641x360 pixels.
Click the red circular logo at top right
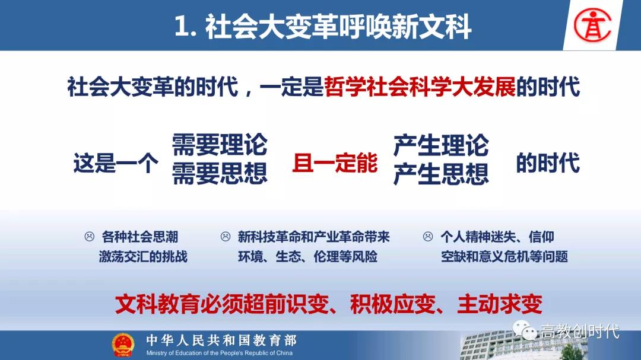(x=592, y=25)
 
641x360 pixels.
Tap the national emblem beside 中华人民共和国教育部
(x=123, y=345)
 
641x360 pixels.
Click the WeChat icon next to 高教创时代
(x=525, y=330)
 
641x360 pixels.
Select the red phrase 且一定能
(x=335, y=163)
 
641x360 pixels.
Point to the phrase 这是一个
(x=116, y=163)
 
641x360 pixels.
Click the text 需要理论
(x=220, y=145)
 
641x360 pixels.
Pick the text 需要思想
(x=220, y=174)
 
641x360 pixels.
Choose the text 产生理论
(x=441, y=145)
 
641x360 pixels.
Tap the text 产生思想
(x=441, y=174)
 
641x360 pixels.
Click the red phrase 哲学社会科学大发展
(x=420, y=87)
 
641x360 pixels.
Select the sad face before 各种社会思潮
(x=89, y=237)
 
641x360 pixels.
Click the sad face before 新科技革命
(x=226, y=237)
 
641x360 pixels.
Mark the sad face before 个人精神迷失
(x=427, y=237)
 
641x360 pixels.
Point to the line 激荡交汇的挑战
(x=143, y=257)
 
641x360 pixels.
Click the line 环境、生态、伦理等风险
(x=307, y=257)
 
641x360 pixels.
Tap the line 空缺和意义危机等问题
(x=504, y=257)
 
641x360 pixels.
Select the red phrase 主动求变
(x=500, y=304)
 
